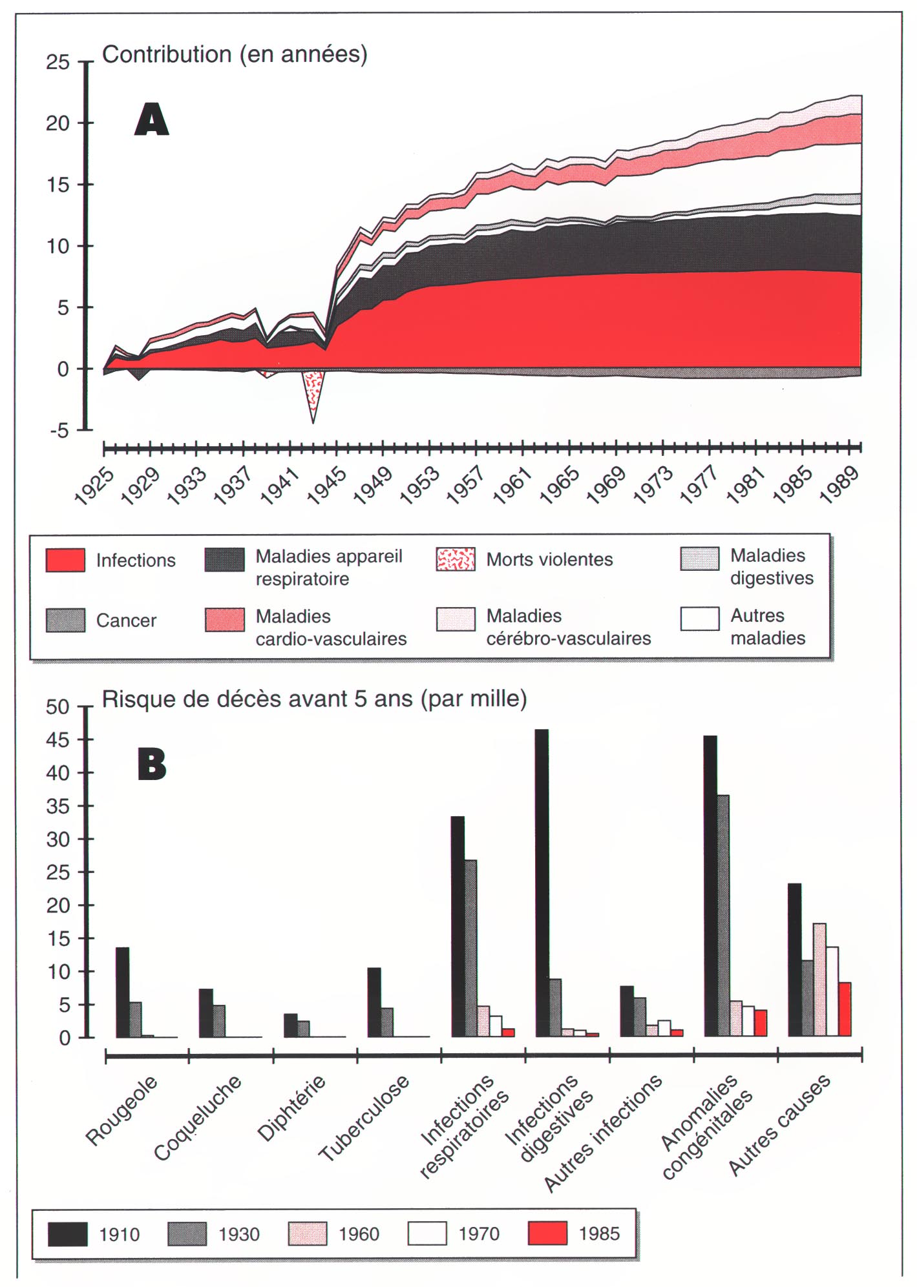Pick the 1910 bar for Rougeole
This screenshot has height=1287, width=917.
click(x=122, y=992)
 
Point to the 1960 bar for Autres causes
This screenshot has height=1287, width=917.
click(x=819, y=980)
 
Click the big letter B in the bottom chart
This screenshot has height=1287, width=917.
click(x=152, y=764)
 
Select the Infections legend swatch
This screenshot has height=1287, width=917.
click(x=65, y=560)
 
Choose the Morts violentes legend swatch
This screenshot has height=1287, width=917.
click(x=456, y=559)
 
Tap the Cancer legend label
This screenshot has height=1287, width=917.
click(x=126, y=621)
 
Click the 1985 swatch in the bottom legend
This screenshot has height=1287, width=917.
click(x=547, y=1233)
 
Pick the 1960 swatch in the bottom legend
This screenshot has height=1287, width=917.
click(x=307, y=1233)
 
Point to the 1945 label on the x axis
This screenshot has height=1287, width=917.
click(x=327, y=486)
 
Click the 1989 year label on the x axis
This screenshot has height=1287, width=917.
click(x=839, y=485)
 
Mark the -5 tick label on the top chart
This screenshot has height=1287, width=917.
click(x=59, y=431)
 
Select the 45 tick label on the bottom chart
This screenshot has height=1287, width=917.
click(x=58, y=740)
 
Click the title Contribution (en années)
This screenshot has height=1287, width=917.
click(x=235, y=54)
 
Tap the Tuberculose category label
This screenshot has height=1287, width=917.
click(x=364, y=1117)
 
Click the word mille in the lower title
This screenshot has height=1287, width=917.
click(x=495, y=699)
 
